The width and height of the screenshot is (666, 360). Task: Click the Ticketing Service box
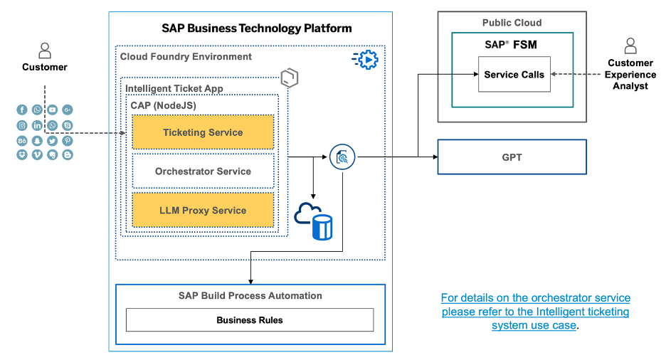pyautogui.click(x=203, y=132)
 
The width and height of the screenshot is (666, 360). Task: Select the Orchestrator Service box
pyautogui.click(x=203, y=171)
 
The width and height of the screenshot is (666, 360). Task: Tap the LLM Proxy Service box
pyautogui.click(x=203, y=211)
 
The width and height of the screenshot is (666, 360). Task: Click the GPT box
pyautogui.click(x=512, y=157)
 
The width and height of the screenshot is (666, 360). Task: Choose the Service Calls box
pyautogui.click(x=514, y=75)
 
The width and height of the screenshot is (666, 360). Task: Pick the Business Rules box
pyautogui.click(x=250, y=320)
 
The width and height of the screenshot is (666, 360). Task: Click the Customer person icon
pyautogui.click(x=45, y=51)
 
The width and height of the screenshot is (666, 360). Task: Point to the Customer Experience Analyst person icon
pyautogui.click(x=630, y=47)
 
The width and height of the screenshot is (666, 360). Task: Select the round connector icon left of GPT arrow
pyautogui.click(x=342, y=157)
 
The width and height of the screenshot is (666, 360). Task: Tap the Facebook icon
pyautogui.click(x=22, y=110)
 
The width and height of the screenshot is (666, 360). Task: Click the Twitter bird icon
pyautogui.click(x=52, y=140)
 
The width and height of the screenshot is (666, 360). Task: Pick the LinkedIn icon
pyautogui.click(x=37, y=125)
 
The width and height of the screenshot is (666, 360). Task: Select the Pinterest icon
pyautogui.click(x=68, y=140)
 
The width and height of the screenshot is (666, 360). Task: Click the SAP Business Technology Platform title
pyautogui.click(x=256, y=29)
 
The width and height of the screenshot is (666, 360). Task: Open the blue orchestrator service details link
pyautogui.click(x=535, y=312)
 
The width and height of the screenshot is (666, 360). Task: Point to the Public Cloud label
pyautogui.click(x=512, y=23)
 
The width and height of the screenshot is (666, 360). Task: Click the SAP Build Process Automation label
pyautogui.click(x=250, y=296)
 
